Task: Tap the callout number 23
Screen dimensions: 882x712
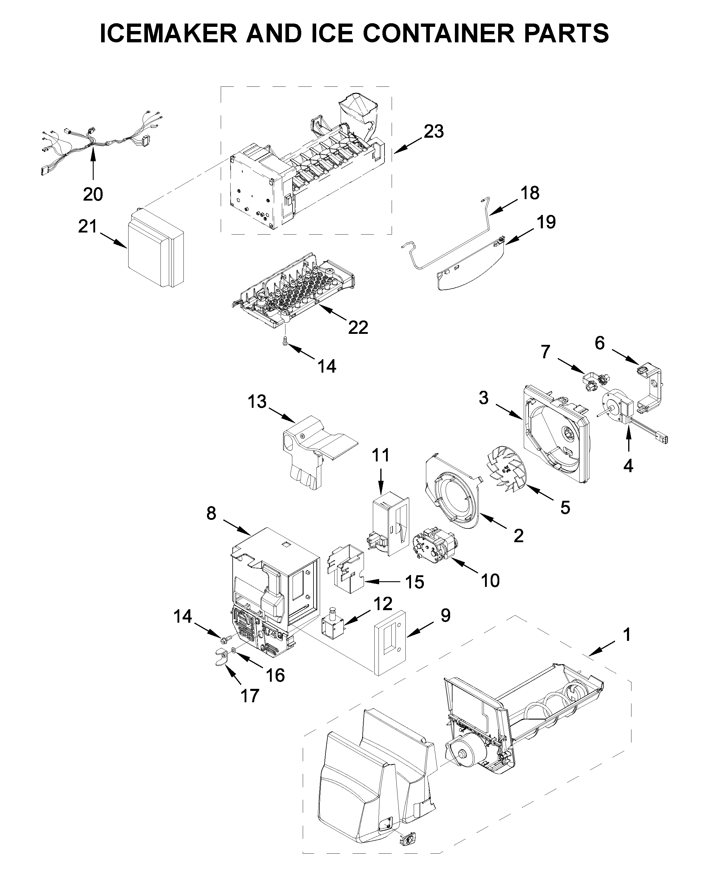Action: (x=433, y=132)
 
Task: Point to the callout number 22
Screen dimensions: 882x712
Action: (x=358, y=328)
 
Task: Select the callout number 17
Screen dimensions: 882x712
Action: (x=250, y=696)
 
